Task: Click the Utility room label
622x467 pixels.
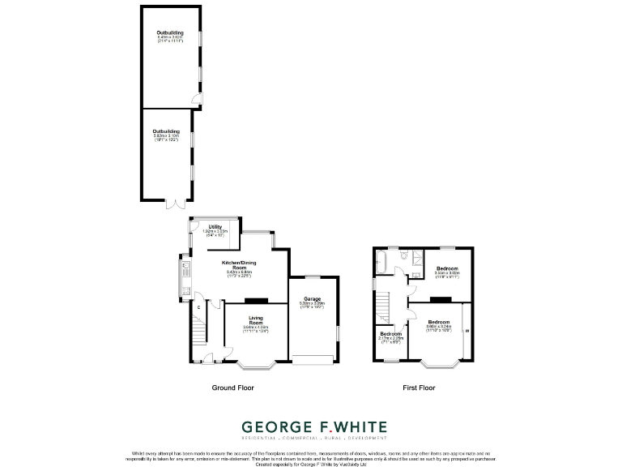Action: [215, 229]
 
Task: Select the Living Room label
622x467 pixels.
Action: [256, 323]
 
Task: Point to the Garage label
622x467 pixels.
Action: [313, 302]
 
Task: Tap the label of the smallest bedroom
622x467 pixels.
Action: [391, 337]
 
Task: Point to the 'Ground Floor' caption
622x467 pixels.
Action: [232, 388]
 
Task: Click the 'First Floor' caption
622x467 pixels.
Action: [419, 388]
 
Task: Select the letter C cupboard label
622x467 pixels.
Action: [198, 306]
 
